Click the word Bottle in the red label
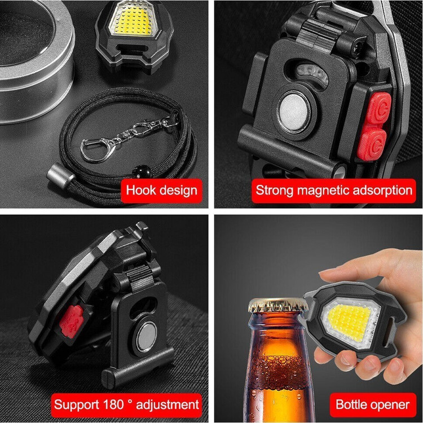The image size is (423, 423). [351, 404]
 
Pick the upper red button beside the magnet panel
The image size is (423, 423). [379, 107]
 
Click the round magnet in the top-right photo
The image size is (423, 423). [294, 111]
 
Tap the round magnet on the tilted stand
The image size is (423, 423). [146, 337]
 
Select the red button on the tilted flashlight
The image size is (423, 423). [71, 321]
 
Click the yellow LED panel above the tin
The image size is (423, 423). [134, 20]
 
